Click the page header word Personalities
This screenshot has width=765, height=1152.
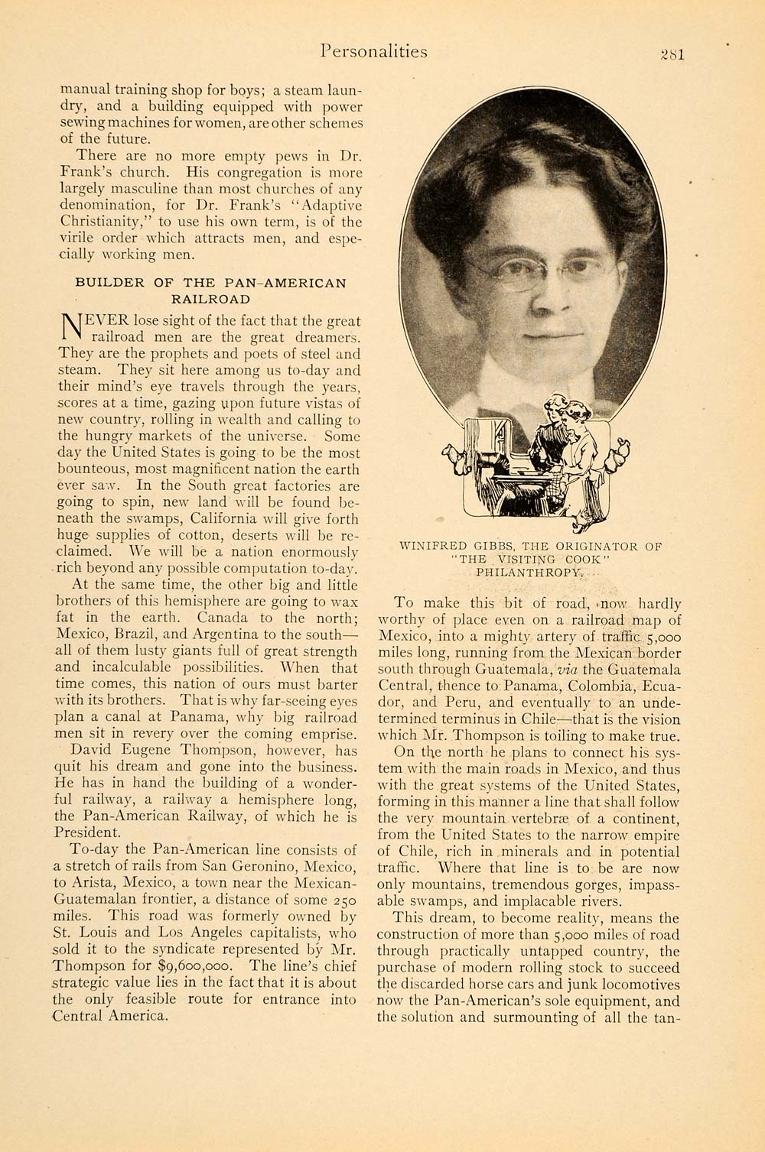(374, 51)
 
